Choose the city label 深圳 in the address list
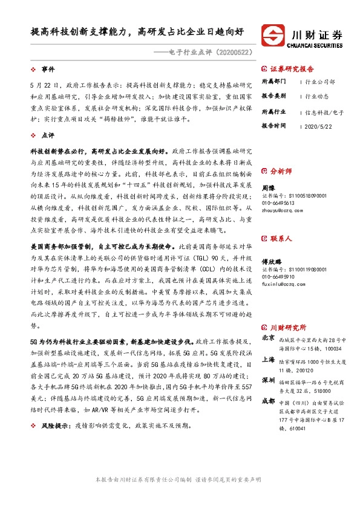(268, 380)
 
